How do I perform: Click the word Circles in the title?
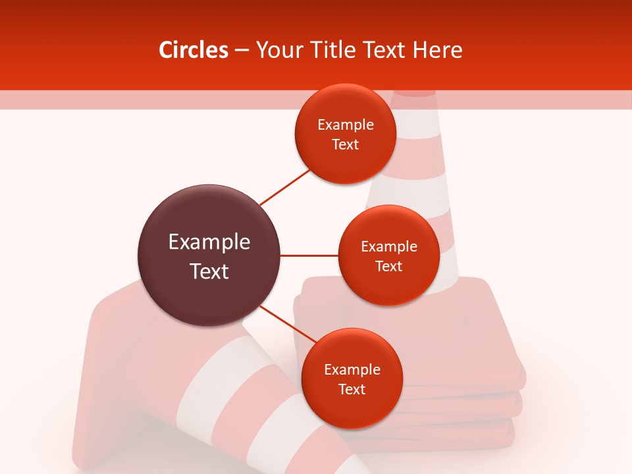(193, 50)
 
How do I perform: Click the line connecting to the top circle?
(284, 188)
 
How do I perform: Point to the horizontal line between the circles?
(309, 255)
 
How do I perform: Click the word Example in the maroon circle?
(209, 242)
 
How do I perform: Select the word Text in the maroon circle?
(209, 271)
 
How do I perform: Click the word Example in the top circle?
(345, 125)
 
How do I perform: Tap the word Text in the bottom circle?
(352, 390)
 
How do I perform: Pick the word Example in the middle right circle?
(388, 247)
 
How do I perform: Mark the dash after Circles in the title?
(242, 51)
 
